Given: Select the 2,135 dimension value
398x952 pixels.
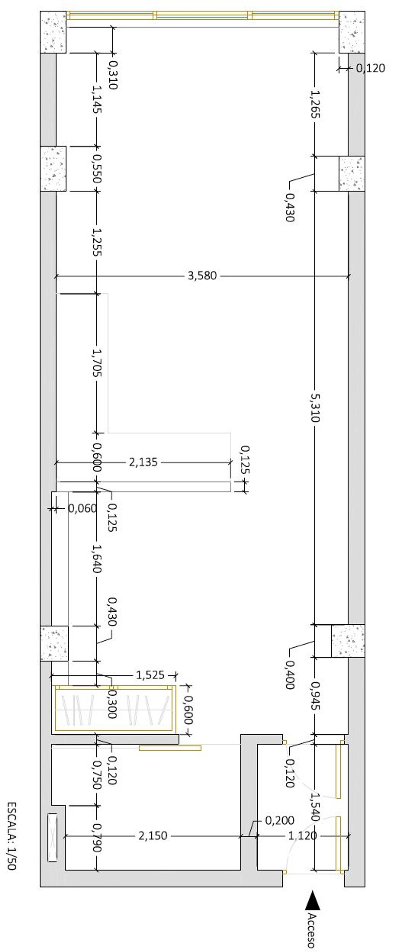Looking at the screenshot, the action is coord(143,462).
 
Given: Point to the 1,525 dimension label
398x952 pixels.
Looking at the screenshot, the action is coord(150,675).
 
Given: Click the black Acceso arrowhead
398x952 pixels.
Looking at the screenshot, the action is coord(313,900).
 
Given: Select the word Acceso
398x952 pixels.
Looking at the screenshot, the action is coord(312,930).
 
